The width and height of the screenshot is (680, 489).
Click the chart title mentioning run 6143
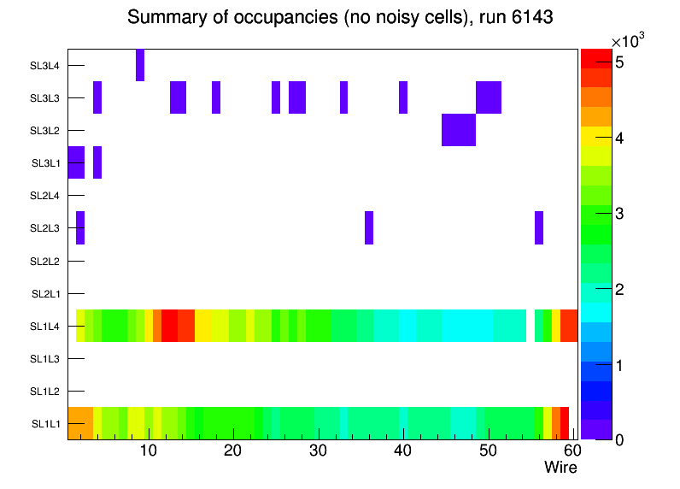[x=340, y=17]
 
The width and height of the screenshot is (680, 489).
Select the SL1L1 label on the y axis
[x=45, y=424]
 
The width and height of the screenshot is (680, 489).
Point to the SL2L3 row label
[x=45, y=228]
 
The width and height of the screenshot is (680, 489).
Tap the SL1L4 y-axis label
[x=45, y=326]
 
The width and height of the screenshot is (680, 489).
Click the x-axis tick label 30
[x=318, y=451]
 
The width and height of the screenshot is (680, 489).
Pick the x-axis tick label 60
[x=572, y=451]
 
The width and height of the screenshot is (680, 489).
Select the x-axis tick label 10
[x=149, y=451]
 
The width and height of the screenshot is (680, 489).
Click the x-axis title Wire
[x=560, y=468]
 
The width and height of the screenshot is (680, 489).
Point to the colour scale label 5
[x=618, y=62]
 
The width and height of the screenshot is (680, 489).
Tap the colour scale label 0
[x=618, y=439]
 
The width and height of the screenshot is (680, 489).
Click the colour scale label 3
[x=618, y=214]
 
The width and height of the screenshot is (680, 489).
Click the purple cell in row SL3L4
[x=140, y=65]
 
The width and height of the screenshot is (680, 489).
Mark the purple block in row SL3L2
[x=459, y=130]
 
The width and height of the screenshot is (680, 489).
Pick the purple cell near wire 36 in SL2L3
[x=369, y=227]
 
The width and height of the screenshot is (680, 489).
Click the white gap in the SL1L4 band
[x=531, y=326]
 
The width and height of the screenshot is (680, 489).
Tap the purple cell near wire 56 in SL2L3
[x=539, y=227]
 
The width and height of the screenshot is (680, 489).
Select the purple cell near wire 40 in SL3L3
[x=403, y=97]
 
